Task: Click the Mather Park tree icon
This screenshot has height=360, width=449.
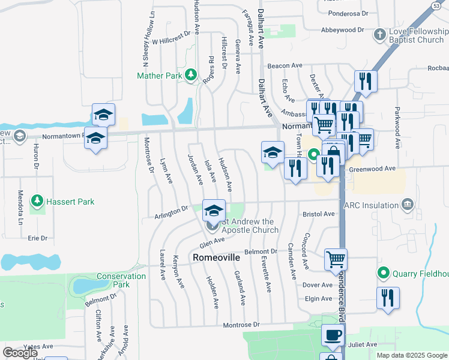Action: (191, 75)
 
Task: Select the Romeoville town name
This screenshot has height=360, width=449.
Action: (217, 257)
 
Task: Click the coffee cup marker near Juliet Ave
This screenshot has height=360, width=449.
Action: (333, 335)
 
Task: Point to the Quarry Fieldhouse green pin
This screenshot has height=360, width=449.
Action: (384, 274)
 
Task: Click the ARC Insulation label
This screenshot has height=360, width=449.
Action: (372, 205)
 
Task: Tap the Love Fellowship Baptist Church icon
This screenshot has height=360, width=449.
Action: (379, 34)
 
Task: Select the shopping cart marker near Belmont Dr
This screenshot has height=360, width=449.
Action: (336, 260)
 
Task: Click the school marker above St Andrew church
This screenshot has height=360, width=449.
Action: (214, 211)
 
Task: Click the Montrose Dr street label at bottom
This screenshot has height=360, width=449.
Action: (240, 325)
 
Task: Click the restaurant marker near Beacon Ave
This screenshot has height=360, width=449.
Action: (365, 82)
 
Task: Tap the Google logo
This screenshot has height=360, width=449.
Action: (20, 353)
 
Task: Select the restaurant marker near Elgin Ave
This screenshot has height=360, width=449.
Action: (388, 298)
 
